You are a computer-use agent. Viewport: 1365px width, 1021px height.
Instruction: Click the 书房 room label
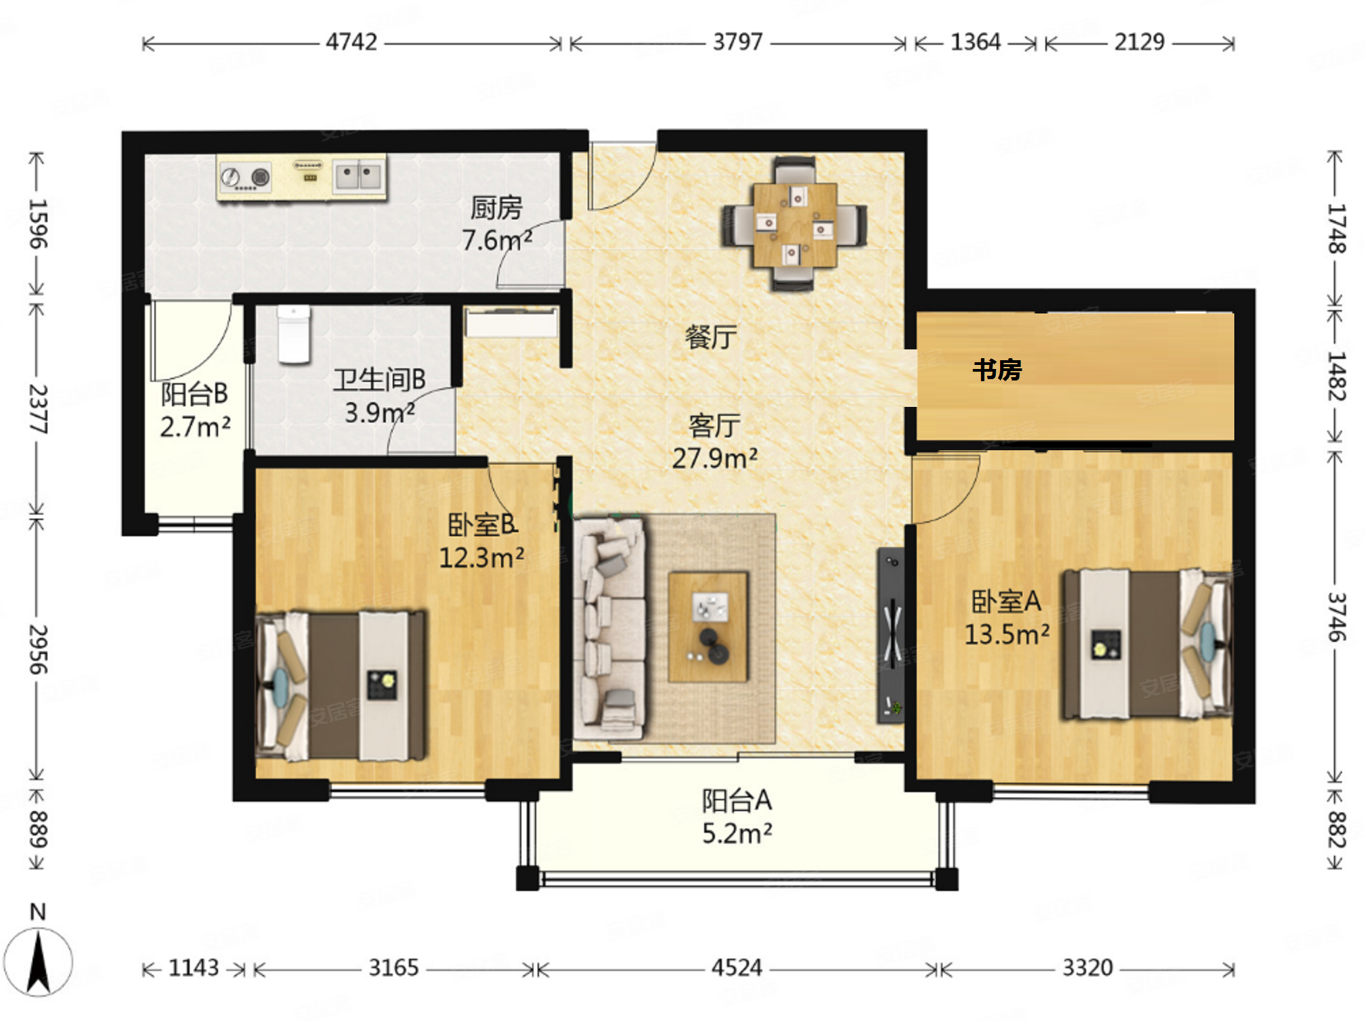pyautogui.click(x=997, y=370)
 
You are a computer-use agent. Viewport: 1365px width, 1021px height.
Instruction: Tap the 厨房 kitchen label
pyautogui.click(x=496, y=208)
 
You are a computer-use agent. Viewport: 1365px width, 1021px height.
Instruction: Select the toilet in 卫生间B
pyautogui.click(x=294, y=334)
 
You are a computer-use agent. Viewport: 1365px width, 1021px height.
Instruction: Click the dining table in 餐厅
pyautogui.click(x=795, y=224)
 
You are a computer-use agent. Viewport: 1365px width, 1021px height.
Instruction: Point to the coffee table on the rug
pyautogui.click(x=708, y=627)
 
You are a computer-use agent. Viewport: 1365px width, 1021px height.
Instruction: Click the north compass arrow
pyautogui.click(x=38, y=961)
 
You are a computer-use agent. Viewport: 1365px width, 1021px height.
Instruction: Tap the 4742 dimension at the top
pyautogui.click(x=351, y=43)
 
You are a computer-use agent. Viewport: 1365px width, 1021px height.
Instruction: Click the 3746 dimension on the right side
pyautogui.click(x=1336, y=616)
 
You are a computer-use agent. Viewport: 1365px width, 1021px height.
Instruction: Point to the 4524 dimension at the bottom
pyautogui.click(x=737, y=968)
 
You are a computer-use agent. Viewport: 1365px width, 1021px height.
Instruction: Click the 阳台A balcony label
pyautogui.click(x=737, y=801)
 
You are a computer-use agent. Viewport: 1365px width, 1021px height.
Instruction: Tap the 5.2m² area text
pyautogui.click(x=737, y=833)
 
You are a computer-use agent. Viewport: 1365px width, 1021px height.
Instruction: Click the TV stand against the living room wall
pyautogui.click(x=891, y=636)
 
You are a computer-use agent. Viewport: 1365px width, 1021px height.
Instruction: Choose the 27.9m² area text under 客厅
pyautogui.click(x=715, y=458)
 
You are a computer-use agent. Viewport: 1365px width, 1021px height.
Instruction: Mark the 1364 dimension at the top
pyautogui.click(x=976, y=43)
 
